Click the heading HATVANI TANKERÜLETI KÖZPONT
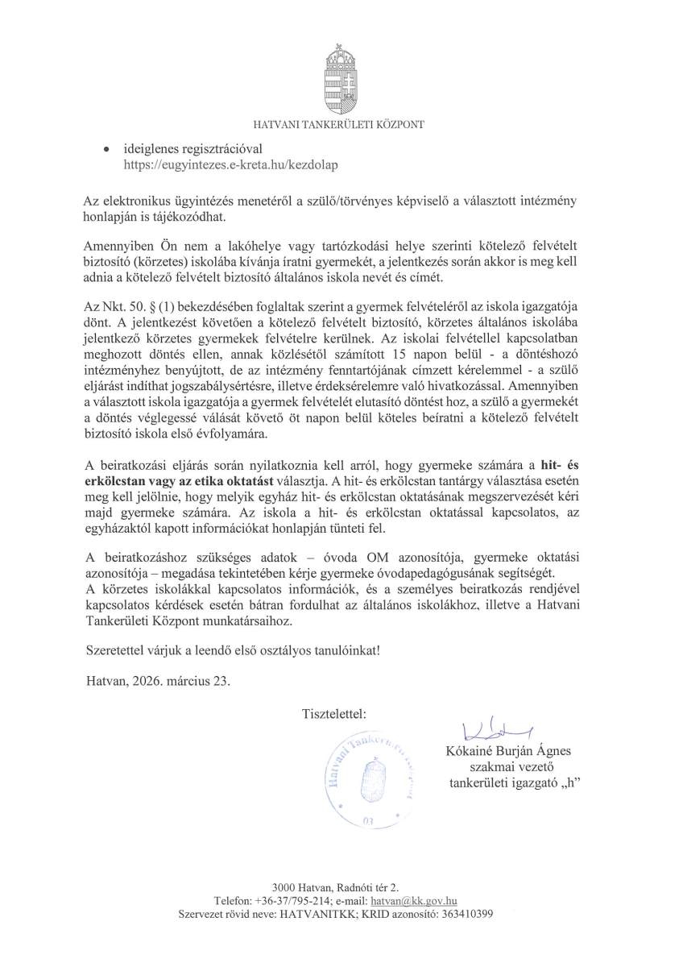tap(339, 124)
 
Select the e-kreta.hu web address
tap(230, 164)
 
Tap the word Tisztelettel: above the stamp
tap(333, 714)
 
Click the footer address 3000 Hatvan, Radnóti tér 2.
tap(341, 886)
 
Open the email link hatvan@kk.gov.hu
tap(420, 900)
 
